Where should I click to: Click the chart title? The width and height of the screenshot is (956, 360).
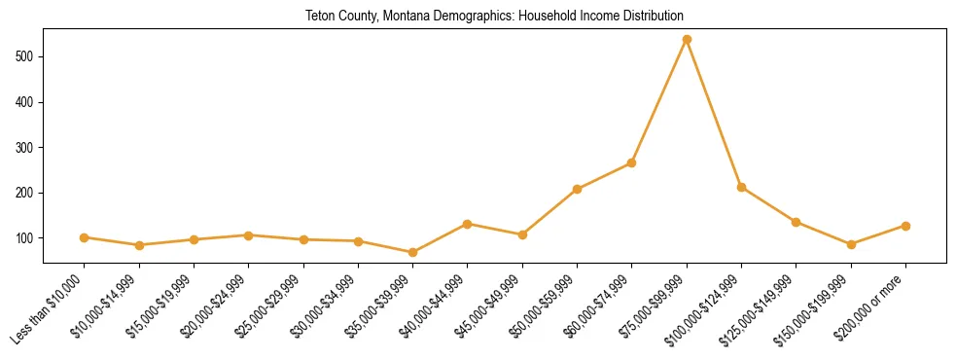pos(495,17)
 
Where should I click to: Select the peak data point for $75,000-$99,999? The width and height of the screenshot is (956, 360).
pos(687,39)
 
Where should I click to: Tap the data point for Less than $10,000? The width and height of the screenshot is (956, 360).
pos(85,237)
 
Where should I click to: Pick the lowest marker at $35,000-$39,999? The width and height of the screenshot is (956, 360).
pos(413,252)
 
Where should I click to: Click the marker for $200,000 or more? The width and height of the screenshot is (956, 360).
pos(905,226)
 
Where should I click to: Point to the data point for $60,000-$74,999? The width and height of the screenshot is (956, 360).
pos(632,162)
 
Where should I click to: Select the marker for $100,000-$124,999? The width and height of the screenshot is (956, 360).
pos(741,187)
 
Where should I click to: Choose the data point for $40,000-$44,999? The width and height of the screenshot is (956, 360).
pos(468,224)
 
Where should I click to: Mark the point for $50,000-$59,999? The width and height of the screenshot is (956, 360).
pos(578,189)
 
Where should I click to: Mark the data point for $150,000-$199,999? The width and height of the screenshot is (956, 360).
pos(851,244)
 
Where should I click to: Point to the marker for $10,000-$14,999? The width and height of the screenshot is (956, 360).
pos(139,245)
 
